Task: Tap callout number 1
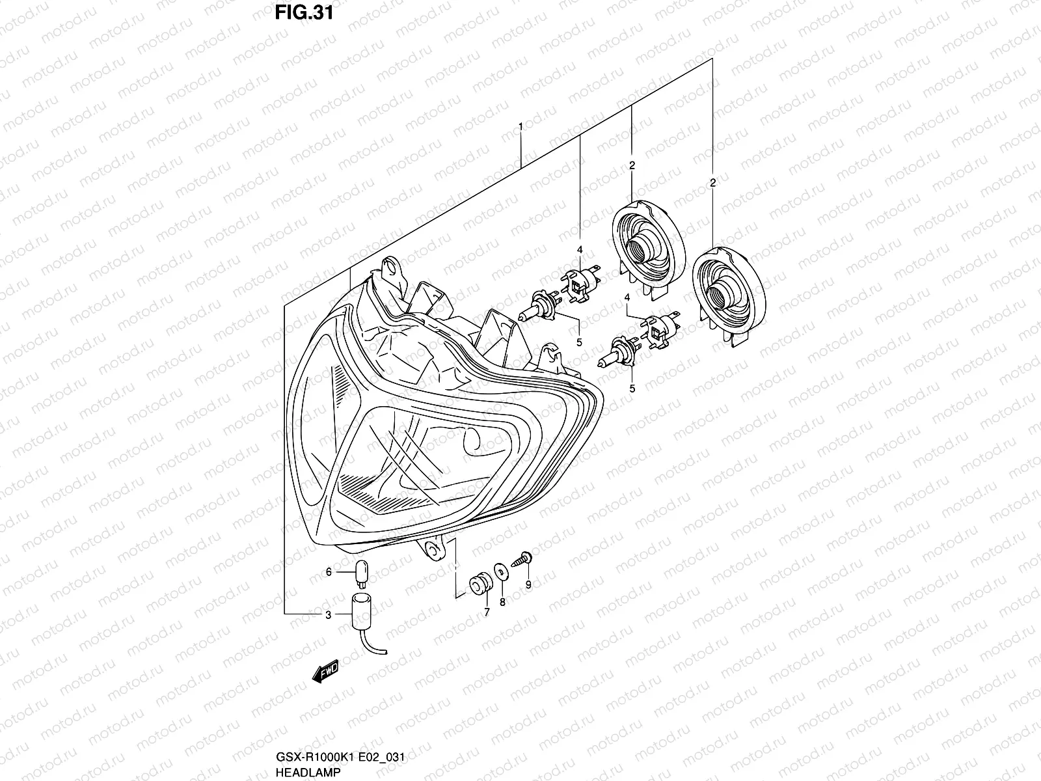tap(520, 125)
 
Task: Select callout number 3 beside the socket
tap(329, 615)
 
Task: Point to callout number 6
tap(329, 572)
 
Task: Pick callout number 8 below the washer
tap(502, 603)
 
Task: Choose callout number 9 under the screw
tap(528, 584)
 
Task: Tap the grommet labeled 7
tap(480, 583)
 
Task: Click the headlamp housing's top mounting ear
tap(391, 267)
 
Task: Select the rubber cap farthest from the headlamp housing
tap(729, 286)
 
